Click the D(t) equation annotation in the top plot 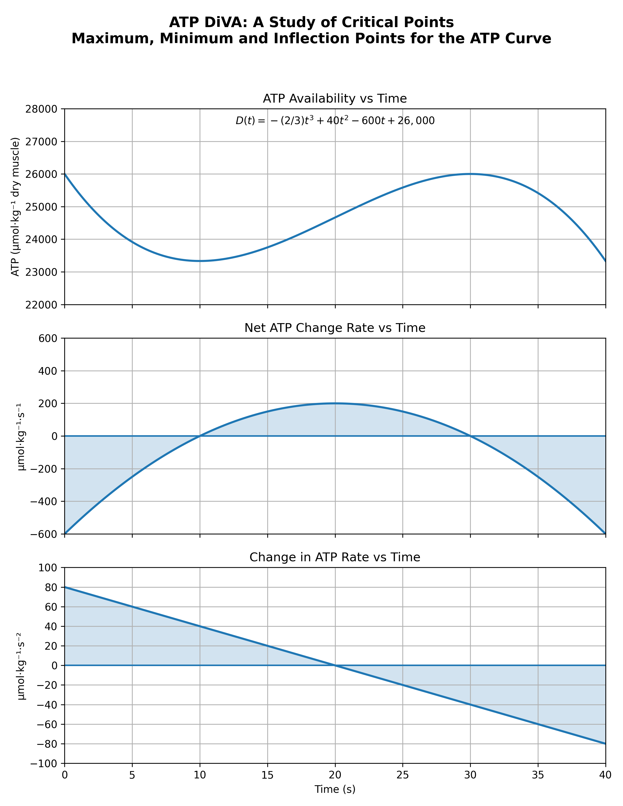click(x=335, y=121)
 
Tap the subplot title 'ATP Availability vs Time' click(x=335, y=98)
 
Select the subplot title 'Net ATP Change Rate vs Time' click(x=335, y=328)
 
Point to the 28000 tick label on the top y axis click(x=43, y=109)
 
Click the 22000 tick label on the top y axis click(x=43, y=305)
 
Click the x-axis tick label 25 click(x=403, y=776)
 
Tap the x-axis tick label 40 click(x=605, y=776)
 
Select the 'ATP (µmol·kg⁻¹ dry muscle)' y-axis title click(x=15, y=207)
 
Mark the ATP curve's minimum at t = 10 click(x=200, y=261)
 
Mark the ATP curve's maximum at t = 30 click(x=470, y=174)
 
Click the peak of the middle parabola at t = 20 click(x=335, y=403)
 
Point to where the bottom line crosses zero click(x=335, y=665)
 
